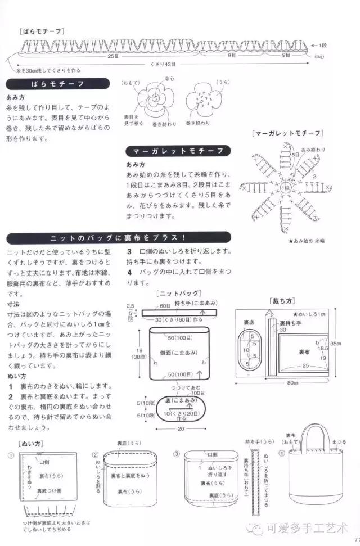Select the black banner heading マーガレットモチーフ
tap(178, 151)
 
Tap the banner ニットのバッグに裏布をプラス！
tap(118, 237)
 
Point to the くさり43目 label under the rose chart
tap(164, 64)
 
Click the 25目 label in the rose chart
tap(112, 56)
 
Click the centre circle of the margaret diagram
tap(286, 187)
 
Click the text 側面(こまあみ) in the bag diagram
tap(178, 352)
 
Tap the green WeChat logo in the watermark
tap(258, 529)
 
